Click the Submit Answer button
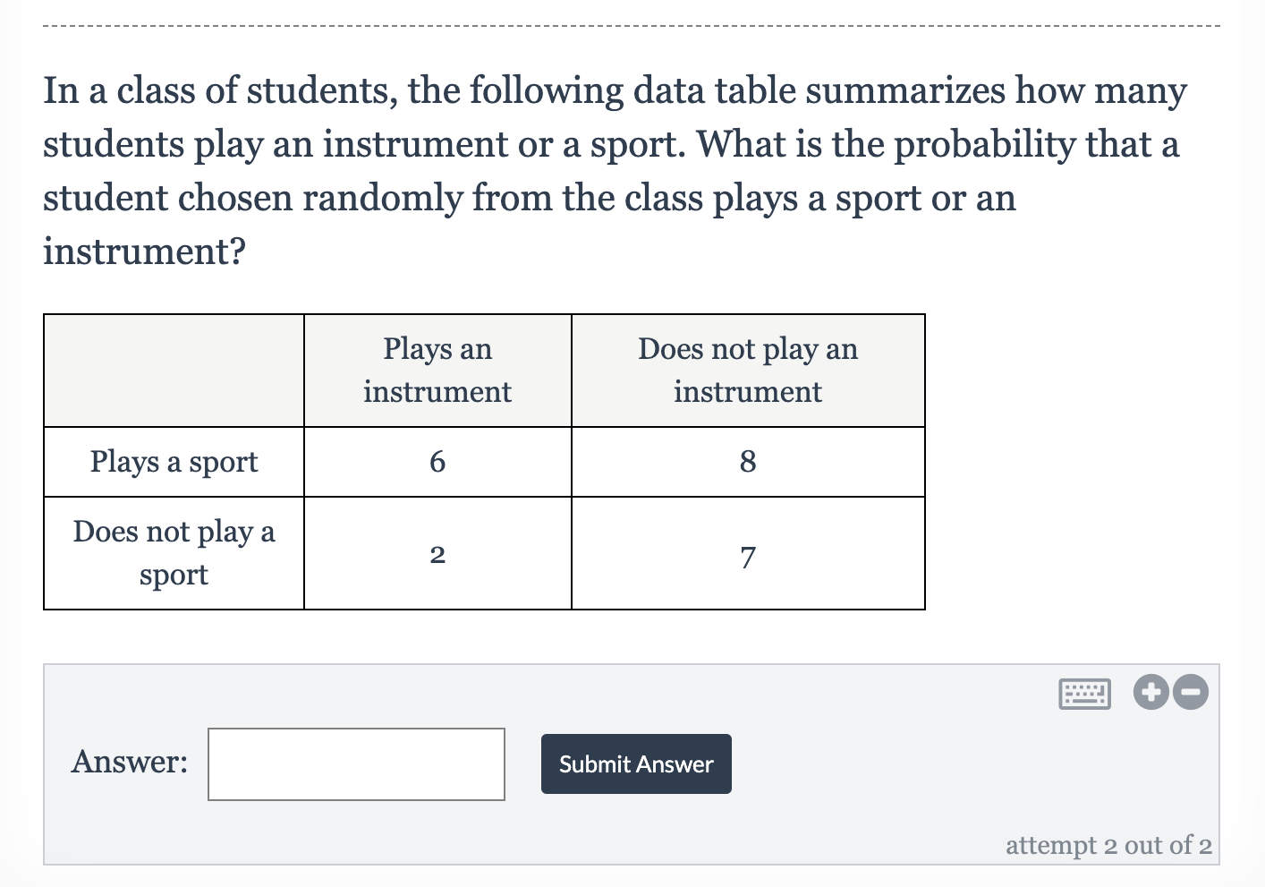(x=636, y=763)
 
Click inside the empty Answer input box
(x=356, y=763)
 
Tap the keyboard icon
(x=1084, y=693)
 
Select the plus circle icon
(x=1151, y=692)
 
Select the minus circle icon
(x=1191, y=692)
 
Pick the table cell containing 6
(x=437, y=462)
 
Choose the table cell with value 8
(x=748, y=462)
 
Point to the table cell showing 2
(x=437, y=554)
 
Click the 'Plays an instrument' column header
(x=437, y=370)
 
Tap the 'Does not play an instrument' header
(x=748, y=370)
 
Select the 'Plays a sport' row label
(x=174, y=462)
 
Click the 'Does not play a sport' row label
(x=174, y=553)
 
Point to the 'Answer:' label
(x=130, y=762)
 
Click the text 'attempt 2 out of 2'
(x=1108, y=845)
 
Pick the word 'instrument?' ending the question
(x=144, y=252)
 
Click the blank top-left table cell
(x=174, y=370)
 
